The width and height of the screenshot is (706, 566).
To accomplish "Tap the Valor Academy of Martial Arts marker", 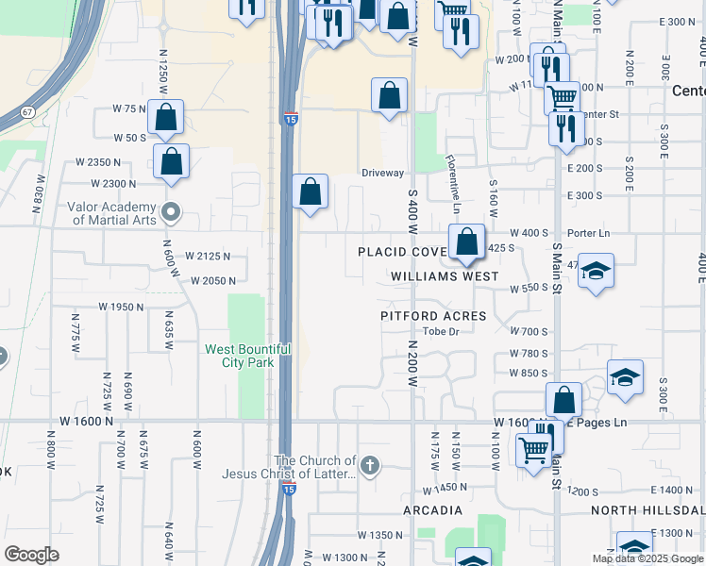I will tap(170, 211).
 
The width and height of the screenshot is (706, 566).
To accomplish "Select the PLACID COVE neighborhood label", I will tap(401, 252).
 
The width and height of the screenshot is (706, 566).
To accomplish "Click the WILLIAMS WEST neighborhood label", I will tap(445, 277).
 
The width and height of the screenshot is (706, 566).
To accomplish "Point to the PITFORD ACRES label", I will tap(433, 316).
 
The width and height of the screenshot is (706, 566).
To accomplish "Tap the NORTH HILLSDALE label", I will tap(647, 510).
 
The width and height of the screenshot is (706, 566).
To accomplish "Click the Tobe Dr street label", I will tap(441, 331).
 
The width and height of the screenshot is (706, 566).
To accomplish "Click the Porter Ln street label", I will tap(589, 233).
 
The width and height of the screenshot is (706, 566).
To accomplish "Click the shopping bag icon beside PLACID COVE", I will tap(467, 241).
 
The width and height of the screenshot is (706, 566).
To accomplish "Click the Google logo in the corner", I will tap(31, 555).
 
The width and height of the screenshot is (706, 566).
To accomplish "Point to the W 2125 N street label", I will tap(209, 256).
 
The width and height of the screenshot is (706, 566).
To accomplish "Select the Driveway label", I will tap(383, 174).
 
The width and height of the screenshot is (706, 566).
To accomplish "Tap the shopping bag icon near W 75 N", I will tap(165, 118).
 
